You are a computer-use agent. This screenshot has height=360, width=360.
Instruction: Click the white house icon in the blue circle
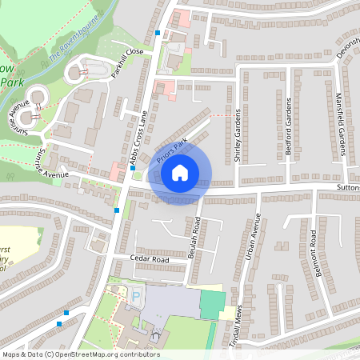[x=180, y=172]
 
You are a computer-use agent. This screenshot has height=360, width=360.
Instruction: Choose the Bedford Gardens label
[x=289, y=128]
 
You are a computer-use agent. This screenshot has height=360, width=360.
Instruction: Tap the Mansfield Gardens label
[x=340, y=128]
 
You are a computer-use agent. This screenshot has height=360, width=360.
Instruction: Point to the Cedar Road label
[x=150, y=259]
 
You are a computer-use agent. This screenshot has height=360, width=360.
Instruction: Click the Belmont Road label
[x=318, y=252]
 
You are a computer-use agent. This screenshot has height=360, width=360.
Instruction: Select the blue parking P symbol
[x=135, y=299]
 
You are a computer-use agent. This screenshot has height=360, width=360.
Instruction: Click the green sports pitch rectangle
[x=212, y=305]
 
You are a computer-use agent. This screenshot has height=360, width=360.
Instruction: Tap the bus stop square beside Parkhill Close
[x=158, y=34]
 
